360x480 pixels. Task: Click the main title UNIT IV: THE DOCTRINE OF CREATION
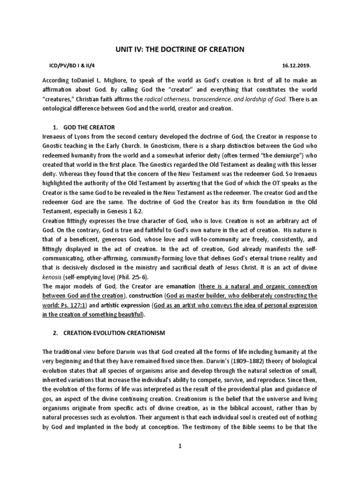point(180,49)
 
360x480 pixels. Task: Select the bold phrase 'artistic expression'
point(121,305)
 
